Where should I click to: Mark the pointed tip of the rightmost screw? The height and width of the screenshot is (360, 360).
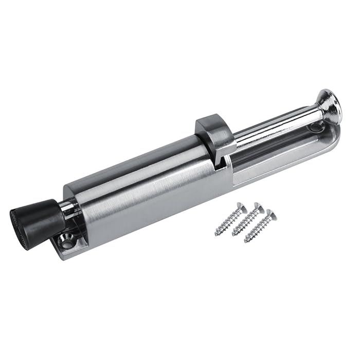coord(246,241)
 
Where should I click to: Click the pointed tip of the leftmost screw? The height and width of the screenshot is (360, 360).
coord(217,234)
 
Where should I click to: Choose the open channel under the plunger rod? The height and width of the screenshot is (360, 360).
coord(278,154)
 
